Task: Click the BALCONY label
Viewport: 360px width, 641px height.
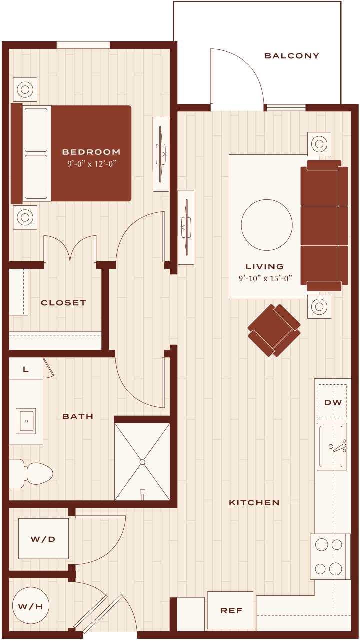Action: (292, 56)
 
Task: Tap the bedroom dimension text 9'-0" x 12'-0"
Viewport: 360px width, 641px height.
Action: (92, 164)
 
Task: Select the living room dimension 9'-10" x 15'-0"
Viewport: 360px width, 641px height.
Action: (265, 278)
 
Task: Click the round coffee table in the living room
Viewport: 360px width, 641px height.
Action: (267, 225)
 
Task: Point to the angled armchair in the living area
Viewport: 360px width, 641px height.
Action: (274, 330)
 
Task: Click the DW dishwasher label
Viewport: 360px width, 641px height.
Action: (333, 403)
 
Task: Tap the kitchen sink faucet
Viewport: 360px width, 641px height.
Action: (338, 446)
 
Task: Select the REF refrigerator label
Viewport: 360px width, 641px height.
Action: (231, 610)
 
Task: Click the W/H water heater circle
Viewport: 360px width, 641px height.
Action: (31, 606)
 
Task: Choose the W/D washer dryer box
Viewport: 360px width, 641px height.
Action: (44, 539)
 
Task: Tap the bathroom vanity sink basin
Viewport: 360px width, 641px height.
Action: (26, 421)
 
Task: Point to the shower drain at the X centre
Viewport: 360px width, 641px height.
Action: (142, 462)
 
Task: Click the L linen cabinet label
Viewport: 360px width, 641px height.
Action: (26, 369)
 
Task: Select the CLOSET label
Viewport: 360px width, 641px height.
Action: (63, 303)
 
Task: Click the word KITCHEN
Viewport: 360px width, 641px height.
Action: (254, 503)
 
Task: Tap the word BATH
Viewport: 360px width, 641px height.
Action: (78, 416)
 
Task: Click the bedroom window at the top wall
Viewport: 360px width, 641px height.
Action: (83, 45)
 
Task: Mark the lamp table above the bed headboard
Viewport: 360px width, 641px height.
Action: (25, 89)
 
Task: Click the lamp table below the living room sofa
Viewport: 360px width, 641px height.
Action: (319, 307)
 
